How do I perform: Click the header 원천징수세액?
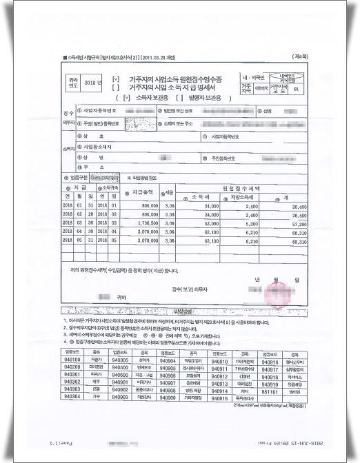click(x=238, y=187)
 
